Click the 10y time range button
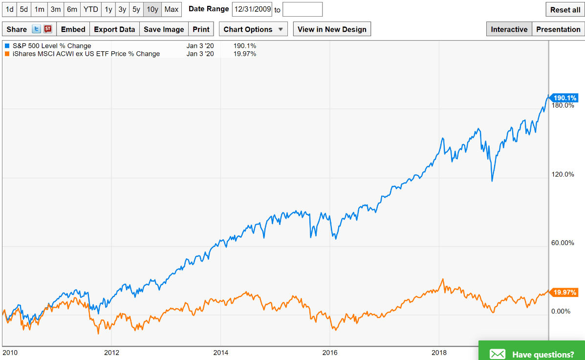(x=152, y=9)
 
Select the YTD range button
(x=90, y=9)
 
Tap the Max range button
(x=172, y=9)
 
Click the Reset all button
(x=565, y=10)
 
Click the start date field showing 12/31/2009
(x=252, y=9)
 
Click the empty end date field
(x=303, y=9)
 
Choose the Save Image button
(x=164, y=29)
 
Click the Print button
(x=201, y=29)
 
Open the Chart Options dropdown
(x=253, y=29)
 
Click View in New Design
(x=332, y=29)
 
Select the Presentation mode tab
(x=558, y=29)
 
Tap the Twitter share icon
(x=36, y=29)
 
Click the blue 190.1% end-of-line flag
(x=564, y=98)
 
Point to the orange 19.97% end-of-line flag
(x=565, y=292)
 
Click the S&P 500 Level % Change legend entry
(x=51, y=46)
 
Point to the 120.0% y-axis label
(x=563, y=175)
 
